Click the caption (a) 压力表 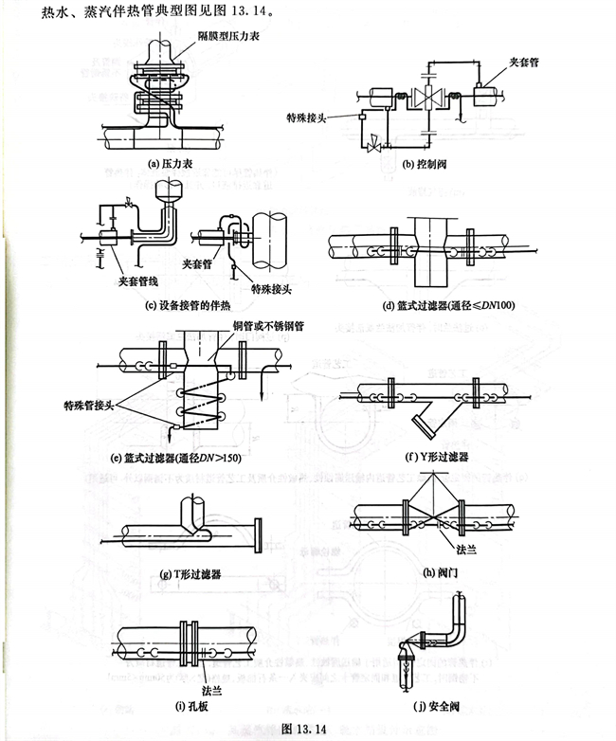(172, 164)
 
